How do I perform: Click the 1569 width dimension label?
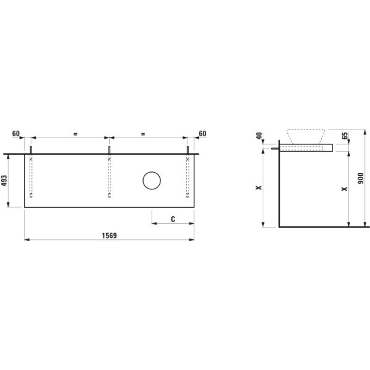click(x=110, y=235)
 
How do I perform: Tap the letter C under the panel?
click(x=173, y=219)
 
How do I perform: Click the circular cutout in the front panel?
click(x=152, y=181)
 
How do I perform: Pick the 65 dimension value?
click(x=345, y=136)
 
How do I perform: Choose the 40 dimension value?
click(x=260, y=136)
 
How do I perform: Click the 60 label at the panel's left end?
click(x=16, y=133)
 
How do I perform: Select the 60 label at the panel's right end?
click(x=202, y=133)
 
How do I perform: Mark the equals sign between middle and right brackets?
click(x=142, y=133)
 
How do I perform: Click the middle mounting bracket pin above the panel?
click(x=109, y=150)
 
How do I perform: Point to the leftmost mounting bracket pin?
click(x=31, y=150)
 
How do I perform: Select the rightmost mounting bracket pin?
click(x=187, y=150)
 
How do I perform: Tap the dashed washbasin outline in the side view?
click(x=306, y=136)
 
